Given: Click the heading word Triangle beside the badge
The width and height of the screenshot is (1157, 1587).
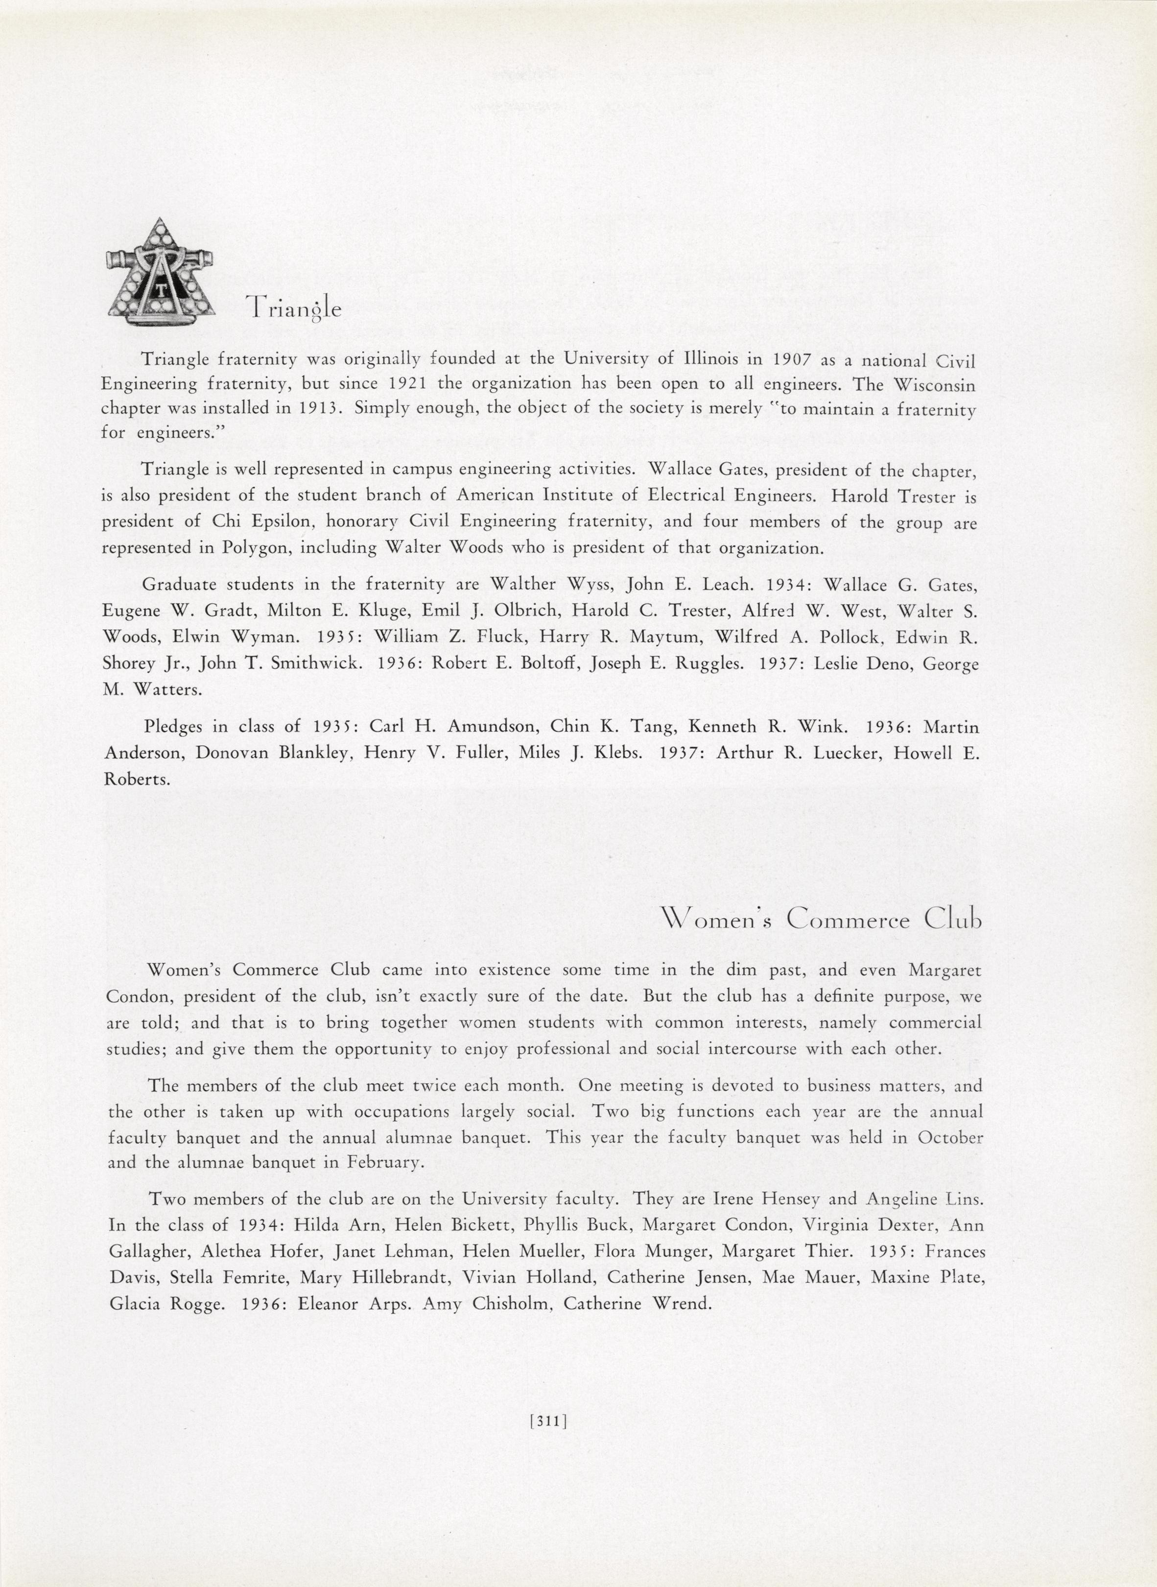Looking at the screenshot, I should pos(293,308).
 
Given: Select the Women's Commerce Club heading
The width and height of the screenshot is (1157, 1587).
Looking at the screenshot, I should pos(821,920).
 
